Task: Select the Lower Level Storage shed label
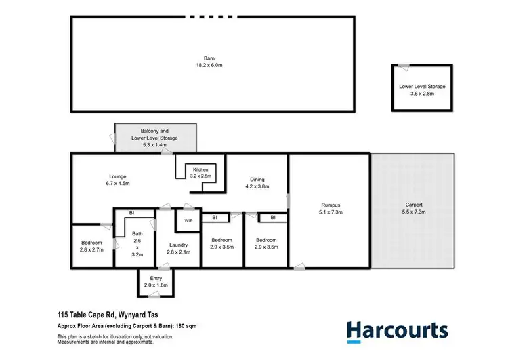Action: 422,87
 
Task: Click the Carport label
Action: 414,205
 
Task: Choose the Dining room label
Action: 257,179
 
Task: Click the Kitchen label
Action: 200,169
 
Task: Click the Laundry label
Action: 178,245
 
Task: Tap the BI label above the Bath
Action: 132,213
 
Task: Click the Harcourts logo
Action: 397,330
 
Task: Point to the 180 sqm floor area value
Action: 179,325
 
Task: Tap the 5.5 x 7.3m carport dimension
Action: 414,212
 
